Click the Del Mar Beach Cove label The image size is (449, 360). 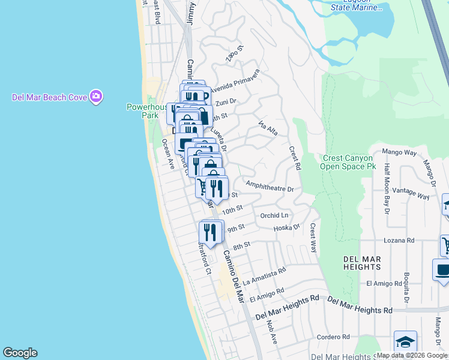coord(50,97)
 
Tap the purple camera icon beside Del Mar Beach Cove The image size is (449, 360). coord(96,97)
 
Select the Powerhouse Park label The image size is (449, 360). coord(143,111)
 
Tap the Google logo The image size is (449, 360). coord(20,353)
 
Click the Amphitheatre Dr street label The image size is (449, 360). coord(270,187)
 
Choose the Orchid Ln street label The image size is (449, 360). coord(274,215)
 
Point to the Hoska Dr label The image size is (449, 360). coord(286,227)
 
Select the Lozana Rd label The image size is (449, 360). coord(402,240)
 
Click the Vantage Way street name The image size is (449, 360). coord(415,196)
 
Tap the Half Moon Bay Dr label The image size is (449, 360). coord(387,188)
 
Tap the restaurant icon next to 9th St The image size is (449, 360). coord(210,232)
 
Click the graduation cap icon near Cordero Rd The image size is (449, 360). coord(405,342)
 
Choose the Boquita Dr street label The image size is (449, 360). coord(406,289)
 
